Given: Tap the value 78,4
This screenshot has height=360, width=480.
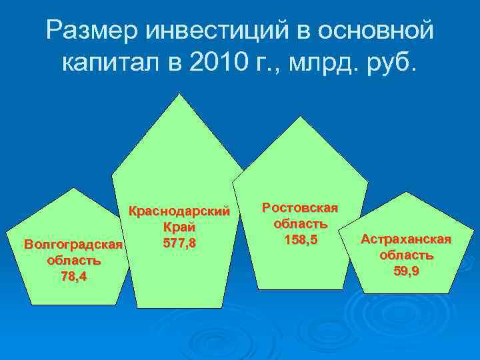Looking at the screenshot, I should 73,275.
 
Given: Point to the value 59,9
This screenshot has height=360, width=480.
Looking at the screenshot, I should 406,270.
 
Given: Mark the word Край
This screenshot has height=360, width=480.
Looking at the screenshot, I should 179,227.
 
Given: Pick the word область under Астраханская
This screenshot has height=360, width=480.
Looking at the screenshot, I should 406,255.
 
